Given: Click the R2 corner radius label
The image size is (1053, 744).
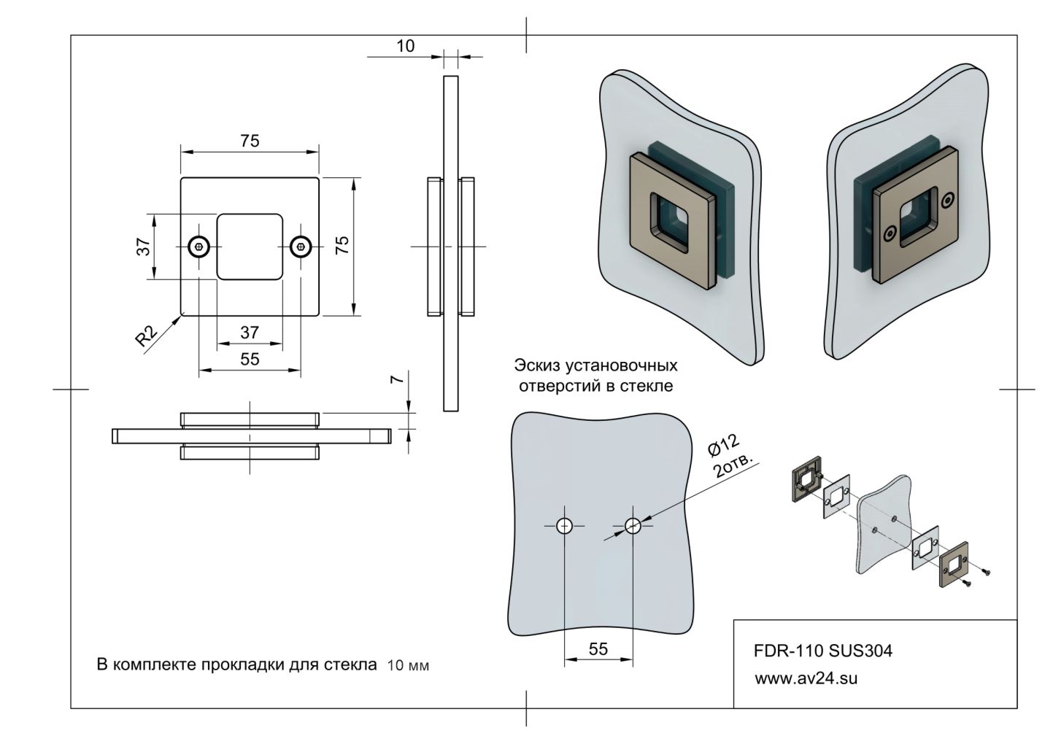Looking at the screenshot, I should click(x=147, y=336).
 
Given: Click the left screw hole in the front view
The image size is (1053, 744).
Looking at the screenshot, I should click(x=199, y=247).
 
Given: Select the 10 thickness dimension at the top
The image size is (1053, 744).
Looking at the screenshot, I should click(x=405, y=46).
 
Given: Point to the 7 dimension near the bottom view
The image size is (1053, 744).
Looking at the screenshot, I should click(x=395, y=380).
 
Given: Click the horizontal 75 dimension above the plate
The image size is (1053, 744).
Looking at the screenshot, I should click(x=250, y=141).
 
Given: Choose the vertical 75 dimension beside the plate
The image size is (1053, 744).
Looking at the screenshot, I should click(x=342, y=245).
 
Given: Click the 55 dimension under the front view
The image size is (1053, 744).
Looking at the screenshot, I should click(x=250, y=359).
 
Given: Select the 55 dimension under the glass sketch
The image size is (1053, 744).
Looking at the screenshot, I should click(x=598, y=649).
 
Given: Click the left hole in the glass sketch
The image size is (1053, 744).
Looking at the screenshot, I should click(x=564, y=526).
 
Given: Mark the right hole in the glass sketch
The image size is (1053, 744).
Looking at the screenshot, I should click(x=633, y=526).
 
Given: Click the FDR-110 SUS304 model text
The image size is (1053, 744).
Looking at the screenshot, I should click(x=822, y=651).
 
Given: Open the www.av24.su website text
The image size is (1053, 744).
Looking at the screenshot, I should click(x=806, y=678).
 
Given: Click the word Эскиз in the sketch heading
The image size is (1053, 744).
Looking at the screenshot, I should click(x=538, y=365).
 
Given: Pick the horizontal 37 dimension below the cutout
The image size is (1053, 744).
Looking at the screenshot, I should click(x=250, y=332).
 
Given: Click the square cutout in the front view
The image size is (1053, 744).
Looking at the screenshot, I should click(x=250, y=247).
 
